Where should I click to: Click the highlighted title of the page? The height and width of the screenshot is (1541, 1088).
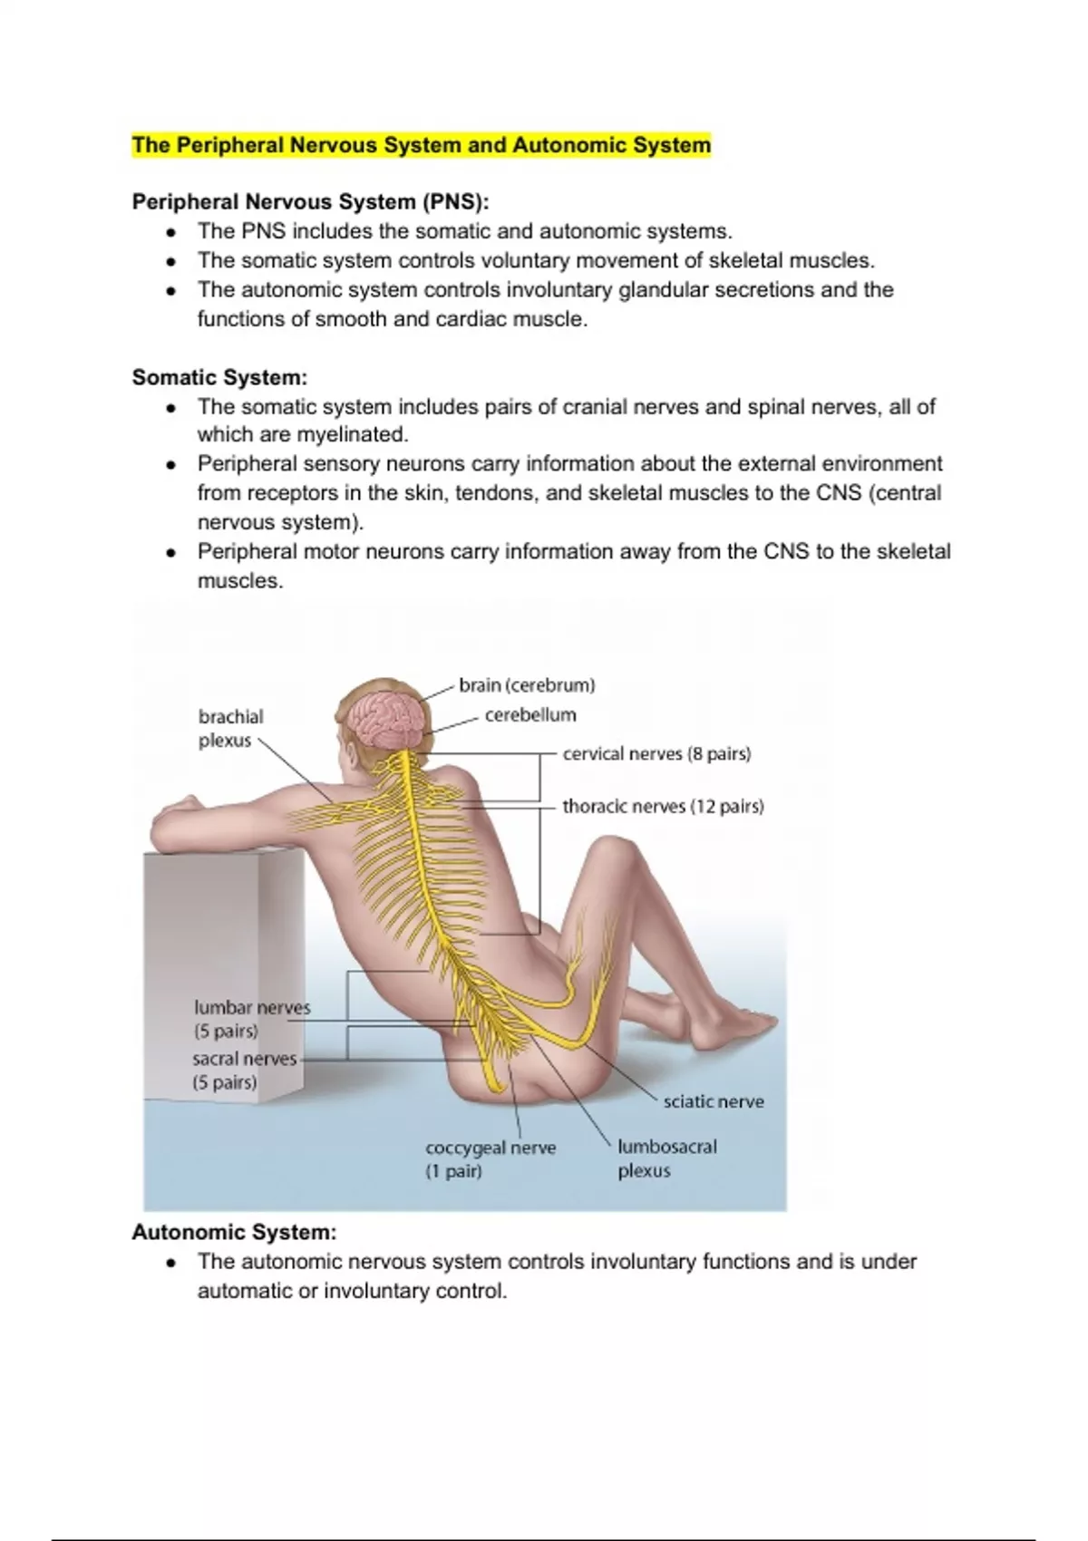click(x=422, y=145)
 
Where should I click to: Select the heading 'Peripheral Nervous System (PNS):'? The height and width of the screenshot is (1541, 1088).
click(x=311, y=201)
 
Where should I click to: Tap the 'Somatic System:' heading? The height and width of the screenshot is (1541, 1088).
click(x=220, y=377)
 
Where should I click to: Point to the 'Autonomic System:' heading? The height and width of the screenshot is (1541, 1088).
click(x=234, y=1232)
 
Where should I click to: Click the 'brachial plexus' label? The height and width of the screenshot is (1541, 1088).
click(x=230, y=728)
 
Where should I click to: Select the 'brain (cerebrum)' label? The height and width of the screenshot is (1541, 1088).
click(x=527, y=685)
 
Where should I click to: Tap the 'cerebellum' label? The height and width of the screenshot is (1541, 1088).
click(x=530, y=715)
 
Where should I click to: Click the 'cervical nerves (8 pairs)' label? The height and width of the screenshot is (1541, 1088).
click(x=656, y=754)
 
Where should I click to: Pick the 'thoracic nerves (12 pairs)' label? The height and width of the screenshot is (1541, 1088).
click(x=663, y=807)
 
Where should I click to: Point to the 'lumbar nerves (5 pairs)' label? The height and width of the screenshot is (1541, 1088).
click(x=251, y=1019)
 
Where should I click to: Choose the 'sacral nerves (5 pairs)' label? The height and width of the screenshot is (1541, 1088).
click(x=243, y=1071)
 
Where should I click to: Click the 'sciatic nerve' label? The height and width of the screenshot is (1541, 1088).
click(x=714, y=1102)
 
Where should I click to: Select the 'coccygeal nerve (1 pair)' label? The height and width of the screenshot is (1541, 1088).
click(x=491, y=1159)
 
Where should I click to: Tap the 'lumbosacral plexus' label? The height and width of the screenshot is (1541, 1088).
click(x=666, y=1158)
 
